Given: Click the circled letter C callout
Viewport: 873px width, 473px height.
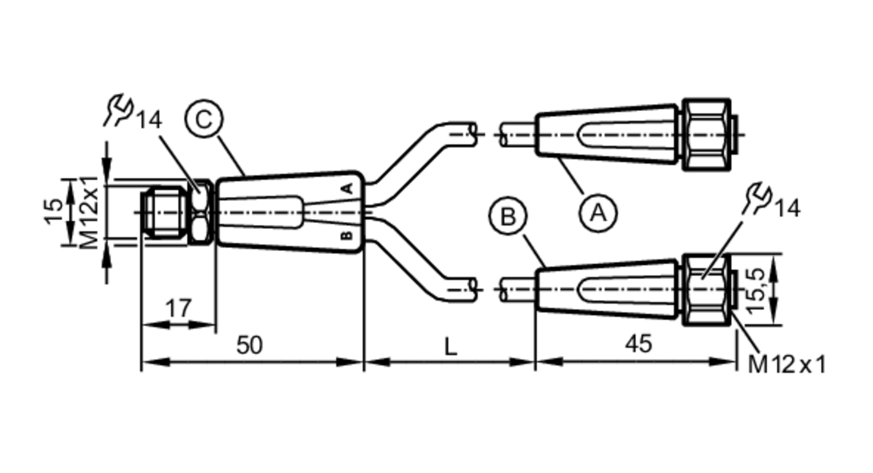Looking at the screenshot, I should [204, 119].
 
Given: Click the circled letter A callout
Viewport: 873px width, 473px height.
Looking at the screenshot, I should [598, 213].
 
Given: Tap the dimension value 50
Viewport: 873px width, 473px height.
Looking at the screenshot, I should [249, 345].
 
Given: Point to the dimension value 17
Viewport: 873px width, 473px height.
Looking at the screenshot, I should [179, 308].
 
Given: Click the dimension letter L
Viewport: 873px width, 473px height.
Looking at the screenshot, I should [450, 347].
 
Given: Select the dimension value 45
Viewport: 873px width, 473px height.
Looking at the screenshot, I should [639, 344].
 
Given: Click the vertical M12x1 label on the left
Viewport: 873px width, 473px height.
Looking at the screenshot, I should [90, 212].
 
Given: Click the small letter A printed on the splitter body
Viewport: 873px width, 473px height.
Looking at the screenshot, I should [347, 189].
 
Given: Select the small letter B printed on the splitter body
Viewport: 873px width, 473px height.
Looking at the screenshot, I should [347, 236].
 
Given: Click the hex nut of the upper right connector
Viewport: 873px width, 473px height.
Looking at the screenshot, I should [706, 134].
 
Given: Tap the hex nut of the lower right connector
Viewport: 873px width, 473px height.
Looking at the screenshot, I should [706, 289].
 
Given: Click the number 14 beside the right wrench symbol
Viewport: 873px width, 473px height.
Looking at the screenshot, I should [787, 209].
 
